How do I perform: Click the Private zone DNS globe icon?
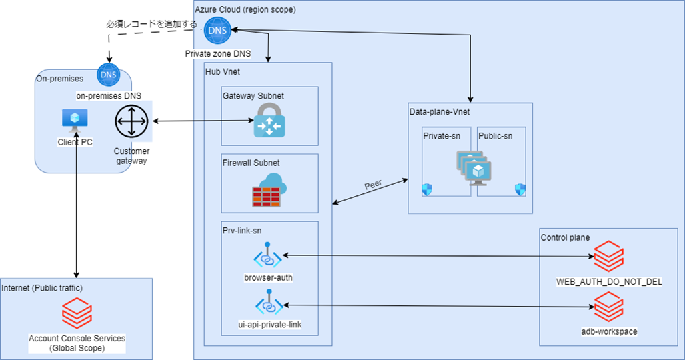[217, 30]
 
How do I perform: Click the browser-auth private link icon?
[268, 256]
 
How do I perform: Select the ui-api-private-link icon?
[268, 304]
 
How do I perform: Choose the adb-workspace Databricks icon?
[608, 307]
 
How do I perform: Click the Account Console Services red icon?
[77, 311]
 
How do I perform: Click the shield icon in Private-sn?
[427, 190]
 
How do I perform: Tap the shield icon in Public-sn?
[520, 190]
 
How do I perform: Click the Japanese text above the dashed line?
[151, 24]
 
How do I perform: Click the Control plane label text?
[565, 237]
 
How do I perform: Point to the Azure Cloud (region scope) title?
[245, 9]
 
